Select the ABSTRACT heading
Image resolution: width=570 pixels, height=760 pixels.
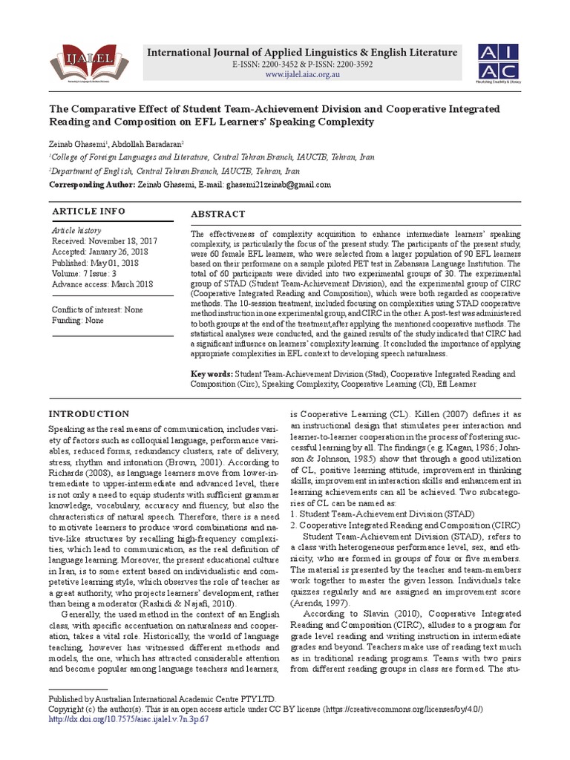217,214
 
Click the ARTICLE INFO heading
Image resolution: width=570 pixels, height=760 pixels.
88,212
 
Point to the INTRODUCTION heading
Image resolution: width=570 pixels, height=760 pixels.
88,413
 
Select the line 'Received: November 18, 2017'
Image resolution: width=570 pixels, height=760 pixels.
104,242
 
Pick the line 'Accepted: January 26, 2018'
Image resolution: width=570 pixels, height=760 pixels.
100,252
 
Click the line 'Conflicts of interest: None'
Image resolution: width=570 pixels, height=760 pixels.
96,309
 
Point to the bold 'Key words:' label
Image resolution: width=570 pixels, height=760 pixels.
212,375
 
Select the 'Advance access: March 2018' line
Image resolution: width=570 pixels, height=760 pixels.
102,284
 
